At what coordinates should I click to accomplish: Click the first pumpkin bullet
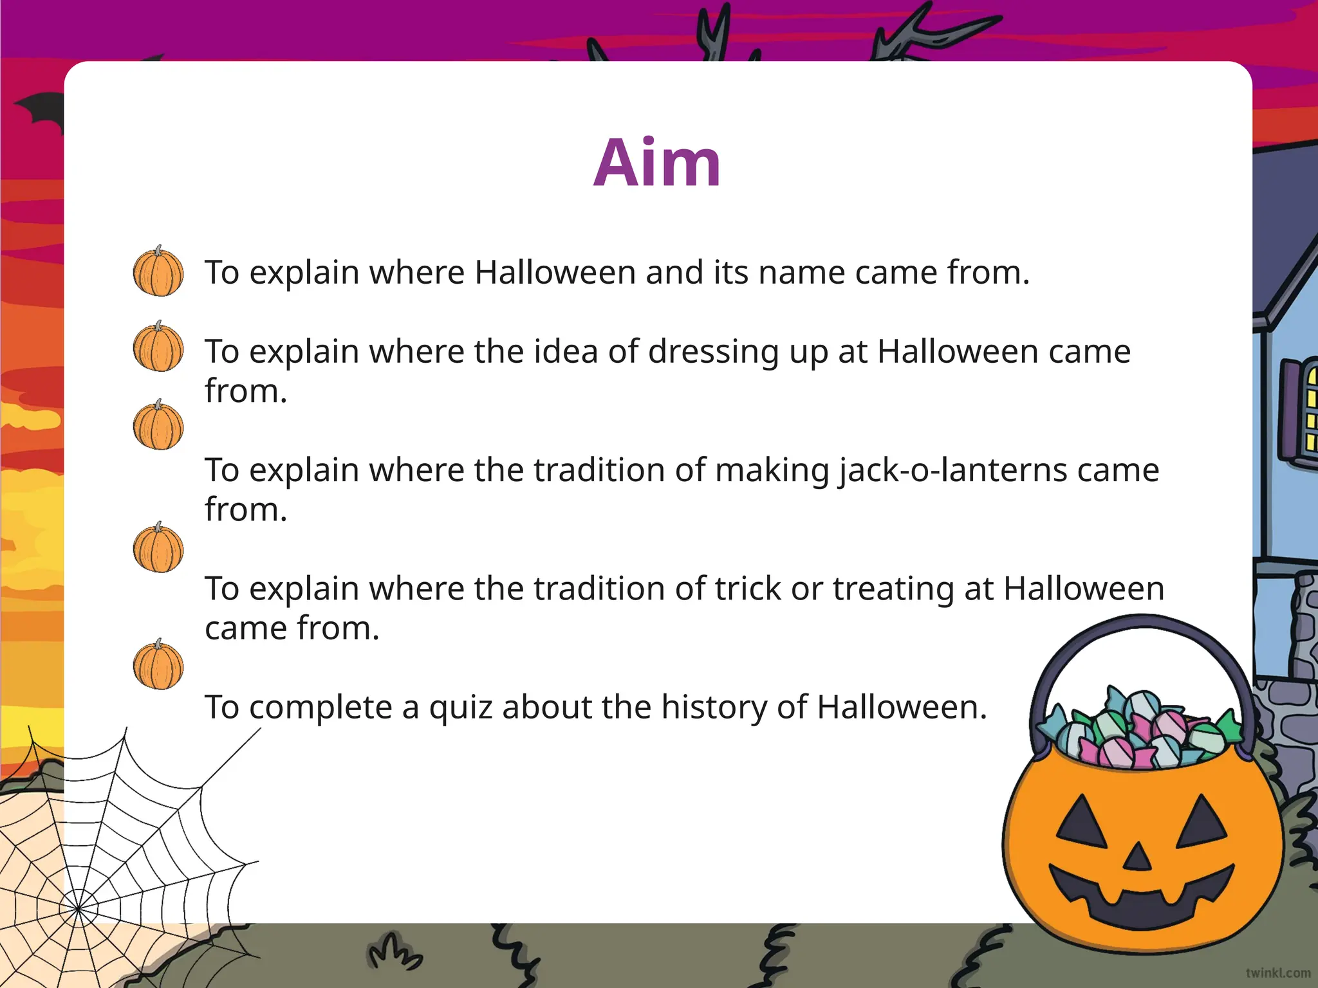point(158,271)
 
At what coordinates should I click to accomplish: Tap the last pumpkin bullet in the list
point(158,665)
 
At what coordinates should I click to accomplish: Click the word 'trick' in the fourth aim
point(748,589)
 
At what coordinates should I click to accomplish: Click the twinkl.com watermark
point(1277,973)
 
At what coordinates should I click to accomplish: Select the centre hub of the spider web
point(79,909)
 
